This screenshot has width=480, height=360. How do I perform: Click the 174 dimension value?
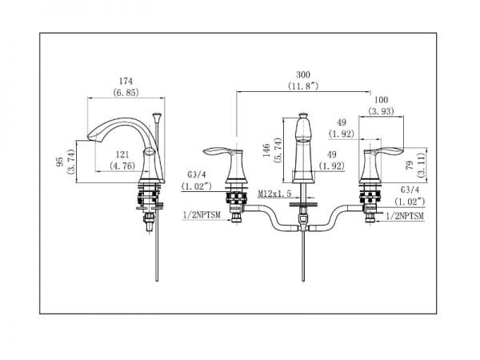click(x=126, y=81)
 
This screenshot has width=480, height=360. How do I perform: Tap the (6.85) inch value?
click(x=126, y=92)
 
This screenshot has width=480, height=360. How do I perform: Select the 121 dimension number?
click(x=122, y=155)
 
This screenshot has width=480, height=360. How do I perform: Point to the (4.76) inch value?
click(x=122, y=166)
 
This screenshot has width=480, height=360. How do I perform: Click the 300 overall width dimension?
click(x=303, y=74)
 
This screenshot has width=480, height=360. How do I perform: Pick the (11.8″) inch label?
click(x=303, y=86)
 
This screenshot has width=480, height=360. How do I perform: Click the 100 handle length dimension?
click(x=381, y=100)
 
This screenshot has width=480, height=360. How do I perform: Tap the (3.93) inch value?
click(x=381, y=111)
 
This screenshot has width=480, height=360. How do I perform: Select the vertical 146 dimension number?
click(x=266, y=150)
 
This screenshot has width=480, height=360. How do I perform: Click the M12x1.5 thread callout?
click(x=274, y=194)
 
